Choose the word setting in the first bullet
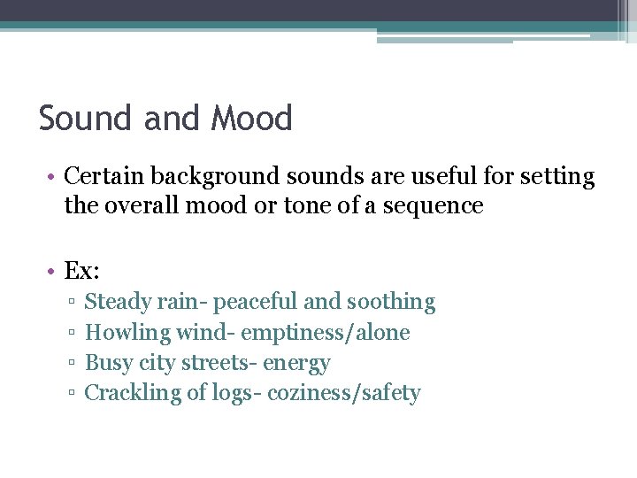557,177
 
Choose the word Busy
108,363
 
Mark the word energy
296,364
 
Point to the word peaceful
256,302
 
